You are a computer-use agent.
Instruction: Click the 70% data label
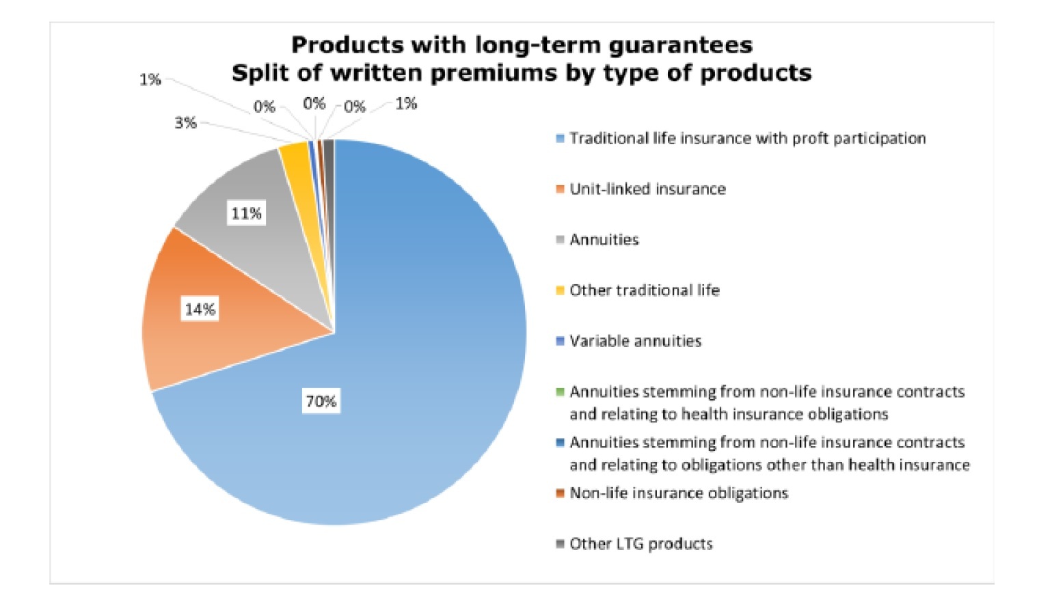[321, 401]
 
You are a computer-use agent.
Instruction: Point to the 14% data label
[200, 309]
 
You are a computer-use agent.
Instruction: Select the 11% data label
[246, 214]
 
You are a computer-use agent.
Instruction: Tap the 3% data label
[185, 123]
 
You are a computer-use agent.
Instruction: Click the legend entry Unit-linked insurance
[647, 189]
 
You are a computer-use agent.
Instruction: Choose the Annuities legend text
[604, 240]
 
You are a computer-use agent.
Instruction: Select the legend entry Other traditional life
[644, 290]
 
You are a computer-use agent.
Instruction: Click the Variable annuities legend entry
[635, 341]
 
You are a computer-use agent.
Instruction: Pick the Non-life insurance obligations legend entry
[678, 493]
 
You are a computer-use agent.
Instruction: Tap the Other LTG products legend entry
[640, 544]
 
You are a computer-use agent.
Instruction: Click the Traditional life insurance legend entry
[747, 139]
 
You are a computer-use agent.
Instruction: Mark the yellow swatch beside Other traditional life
[561, 291]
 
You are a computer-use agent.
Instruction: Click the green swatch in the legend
[561, 392]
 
